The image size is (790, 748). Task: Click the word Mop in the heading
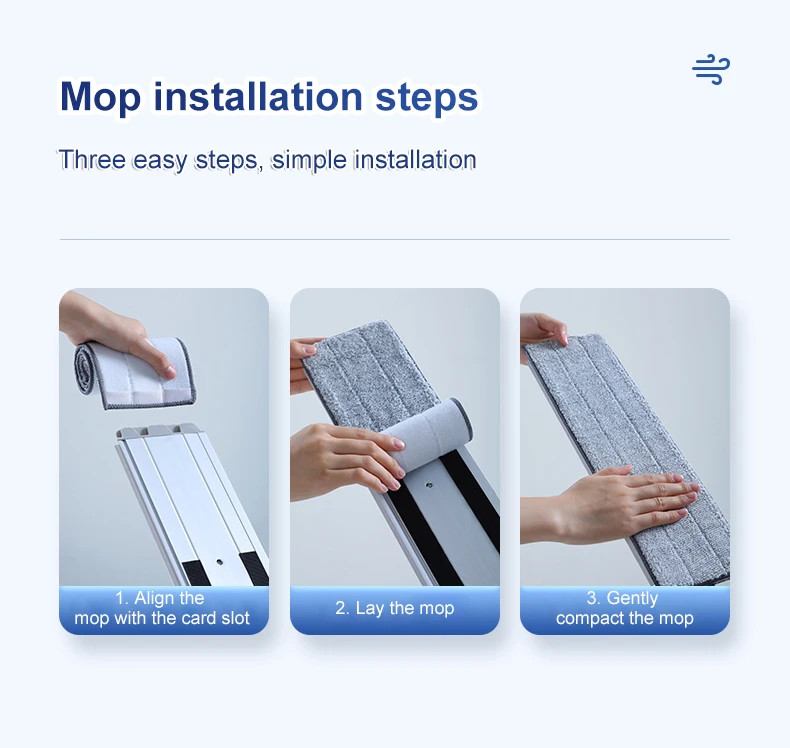pyautogui.click(x=100, y=98)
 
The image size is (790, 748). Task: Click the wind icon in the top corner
pyautogui.click(x=711, y=70)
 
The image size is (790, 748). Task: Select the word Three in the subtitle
pyautogui.click(x=92, y=160)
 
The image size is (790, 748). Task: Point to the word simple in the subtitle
pyautogui.click(x=309, y=160)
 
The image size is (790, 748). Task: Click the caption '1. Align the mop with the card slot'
pyautogui.click(x=162, y=608)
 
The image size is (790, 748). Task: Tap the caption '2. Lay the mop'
pyautogui.click(x=395, y=608)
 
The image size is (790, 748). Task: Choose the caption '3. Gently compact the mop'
pyautogui.click(x=624, y=608)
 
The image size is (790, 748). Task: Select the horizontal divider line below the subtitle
pyautogui.click(x=394, y=240)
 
